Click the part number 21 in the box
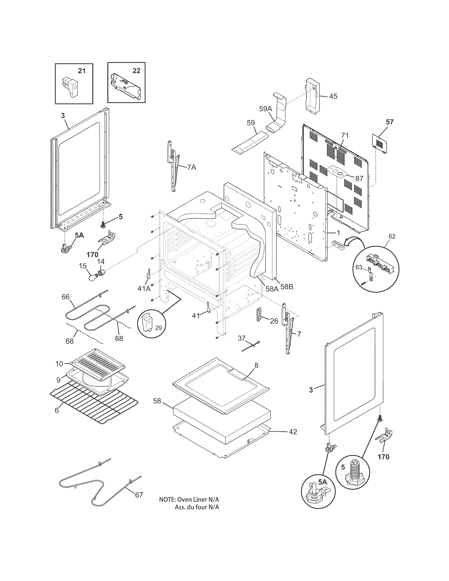pos(82,71)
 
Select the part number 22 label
pos(136,71)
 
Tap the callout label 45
pos(333,96)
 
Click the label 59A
pos(265,109)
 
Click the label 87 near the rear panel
pos(359,179)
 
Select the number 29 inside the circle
pos(158,328)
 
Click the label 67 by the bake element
pos(139,495)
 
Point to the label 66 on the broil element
pos(66,297)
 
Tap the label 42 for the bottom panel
pos(293,432)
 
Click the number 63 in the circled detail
pos(359,267)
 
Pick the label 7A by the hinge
pos(191,167)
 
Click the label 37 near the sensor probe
pos(241,338)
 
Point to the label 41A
pos(144,288)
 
